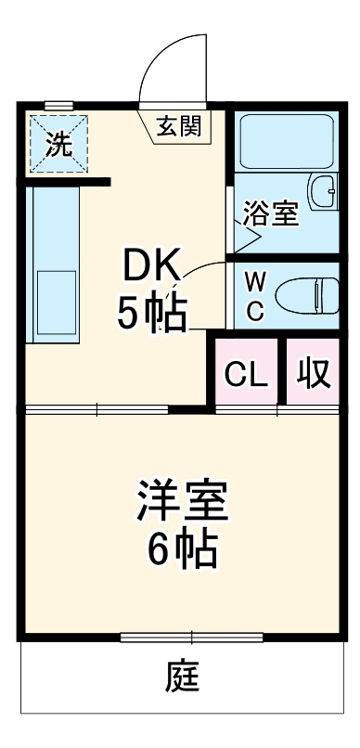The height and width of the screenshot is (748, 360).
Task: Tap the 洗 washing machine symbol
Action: pos(58,143)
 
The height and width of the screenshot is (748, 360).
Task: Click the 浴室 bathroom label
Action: pos(270,213)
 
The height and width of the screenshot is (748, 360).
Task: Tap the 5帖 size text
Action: pos(151,314)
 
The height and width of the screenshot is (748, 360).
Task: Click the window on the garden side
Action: pos(191,637)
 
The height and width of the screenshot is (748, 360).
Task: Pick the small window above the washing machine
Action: pos(58,106)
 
